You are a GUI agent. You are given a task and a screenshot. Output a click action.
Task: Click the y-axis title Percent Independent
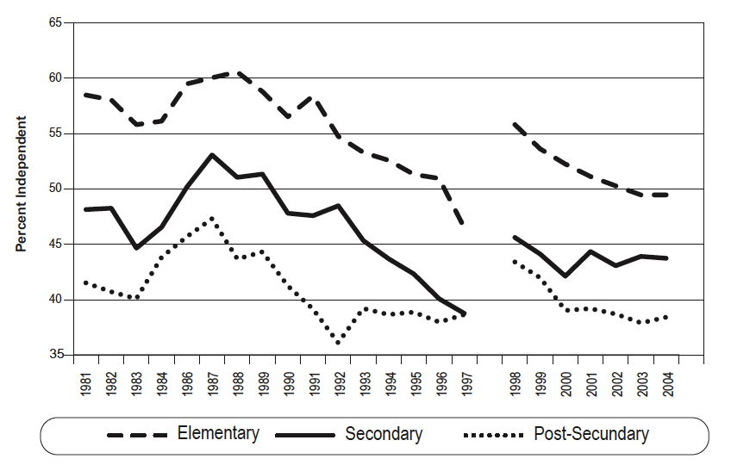(x=21, y=184)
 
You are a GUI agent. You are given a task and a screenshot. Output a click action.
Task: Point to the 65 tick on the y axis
(x=56, y=22)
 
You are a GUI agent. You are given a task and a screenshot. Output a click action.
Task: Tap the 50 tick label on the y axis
(x=56, y=189)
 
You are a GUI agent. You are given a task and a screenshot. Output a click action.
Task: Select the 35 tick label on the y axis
(x=56, y=355)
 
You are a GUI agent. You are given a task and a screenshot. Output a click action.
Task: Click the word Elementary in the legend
(x=218, y=433)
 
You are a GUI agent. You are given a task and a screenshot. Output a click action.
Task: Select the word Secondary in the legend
(x=384, y=434)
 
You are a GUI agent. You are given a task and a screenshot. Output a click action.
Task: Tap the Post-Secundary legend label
(x=591, y=434)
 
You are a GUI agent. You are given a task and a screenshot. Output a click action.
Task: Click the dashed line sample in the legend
(x=137, y=435)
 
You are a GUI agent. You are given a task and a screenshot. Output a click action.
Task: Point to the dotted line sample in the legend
(x=494, y=435)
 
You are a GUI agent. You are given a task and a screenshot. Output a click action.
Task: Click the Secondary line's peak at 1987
(x=212, y=155)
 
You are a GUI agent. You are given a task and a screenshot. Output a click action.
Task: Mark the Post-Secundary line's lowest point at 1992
(x=338, y=343)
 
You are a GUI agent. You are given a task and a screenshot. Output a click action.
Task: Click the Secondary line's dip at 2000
(x=565, y=276)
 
